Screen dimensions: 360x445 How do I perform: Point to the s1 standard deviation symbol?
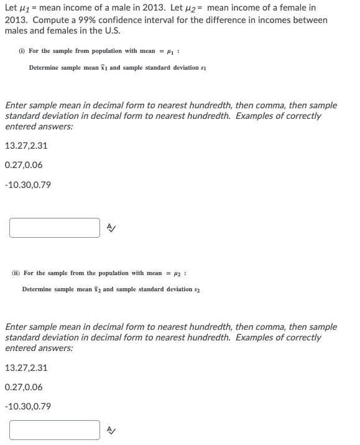203,67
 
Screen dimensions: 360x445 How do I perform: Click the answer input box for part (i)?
55,228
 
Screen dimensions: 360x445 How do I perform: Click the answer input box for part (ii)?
55,430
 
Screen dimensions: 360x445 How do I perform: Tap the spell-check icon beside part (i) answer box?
111,228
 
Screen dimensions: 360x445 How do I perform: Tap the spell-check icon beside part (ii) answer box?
111,430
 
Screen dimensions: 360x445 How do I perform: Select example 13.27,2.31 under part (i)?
25,146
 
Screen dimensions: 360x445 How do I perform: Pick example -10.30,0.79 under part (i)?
27,185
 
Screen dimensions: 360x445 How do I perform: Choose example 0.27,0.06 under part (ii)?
24,387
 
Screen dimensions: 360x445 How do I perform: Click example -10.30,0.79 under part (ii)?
27,406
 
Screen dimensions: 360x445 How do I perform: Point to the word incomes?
260,19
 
